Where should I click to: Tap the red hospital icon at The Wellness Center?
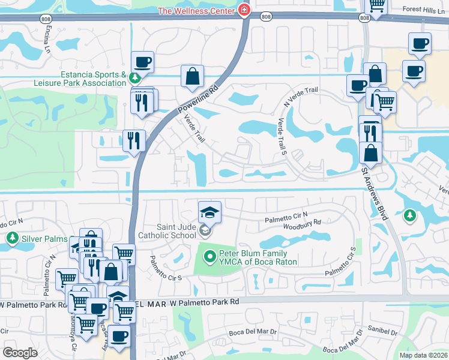pos(244,10)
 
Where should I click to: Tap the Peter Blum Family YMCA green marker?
pos(209,257)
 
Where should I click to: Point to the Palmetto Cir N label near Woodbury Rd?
pos(286,215)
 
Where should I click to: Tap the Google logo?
pos(20,352)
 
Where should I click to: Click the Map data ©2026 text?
pos(423,355)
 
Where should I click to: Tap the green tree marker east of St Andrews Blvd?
pos(410,214)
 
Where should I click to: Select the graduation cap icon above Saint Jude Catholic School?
pos(209,212)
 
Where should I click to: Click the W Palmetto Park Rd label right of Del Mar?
pos(205,301)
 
